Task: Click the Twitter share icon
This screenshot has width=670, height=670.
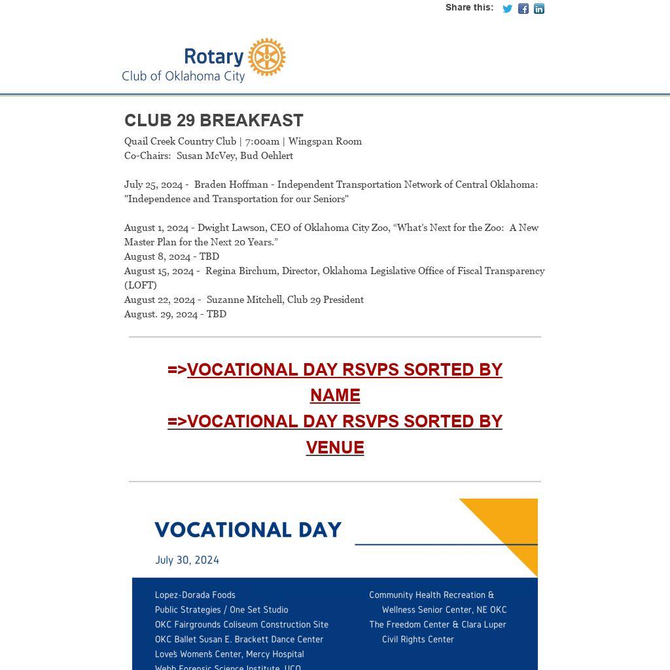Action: [507, 9]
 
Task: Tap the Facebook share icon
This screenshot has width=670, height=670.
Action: [523, 9]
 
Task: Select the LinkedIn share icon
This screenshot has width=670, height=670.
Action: [539, 9]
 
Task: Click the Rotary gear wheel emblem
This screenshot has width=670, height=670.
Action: [267, 57]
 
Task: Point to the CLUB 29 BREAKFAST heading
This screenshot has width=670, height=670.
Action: [214, 120]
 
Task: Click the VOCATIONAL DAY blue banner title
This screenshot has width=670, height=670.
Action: [248, 529]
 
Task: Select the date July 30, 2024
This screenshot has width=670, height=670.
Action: [187, 560]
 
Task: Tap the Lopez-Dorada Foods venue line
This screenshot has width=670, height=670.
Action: [195, 595]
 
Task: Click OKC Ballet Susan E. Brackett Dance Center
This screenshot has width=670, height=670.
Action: [239, 639]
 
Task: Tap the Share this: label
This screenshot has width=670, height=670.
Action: [469, 8]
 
